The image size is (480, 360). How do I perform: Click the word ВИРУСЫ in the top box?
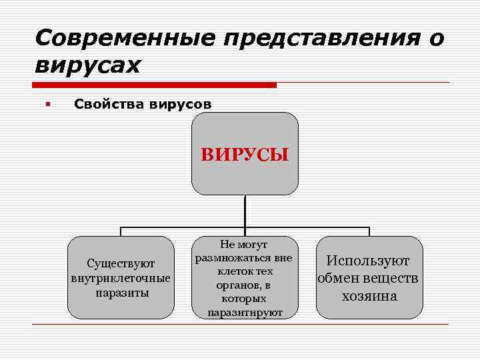pos(245,155)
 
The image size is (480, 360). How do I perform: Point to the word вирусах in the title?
pos(87,65)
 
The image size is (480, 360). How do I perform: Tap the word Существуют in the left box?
pos(121,263)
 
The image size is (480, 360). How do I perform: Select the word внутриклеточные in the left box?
pos(121,278)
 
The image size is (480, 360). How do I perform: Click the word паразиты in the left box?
pos(121,292)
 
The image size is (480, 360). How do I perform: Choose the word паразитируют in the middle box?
pos(245,311)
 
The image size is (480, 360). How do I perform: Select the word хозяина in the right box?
pos(369,295)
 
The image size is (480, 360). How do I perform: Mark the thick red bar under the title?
pos(154,85)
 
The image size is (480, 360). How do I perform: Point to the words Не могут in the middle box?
pos(244,244)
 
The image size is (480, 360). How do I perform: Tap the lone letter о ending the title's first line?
pos(436,39)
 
